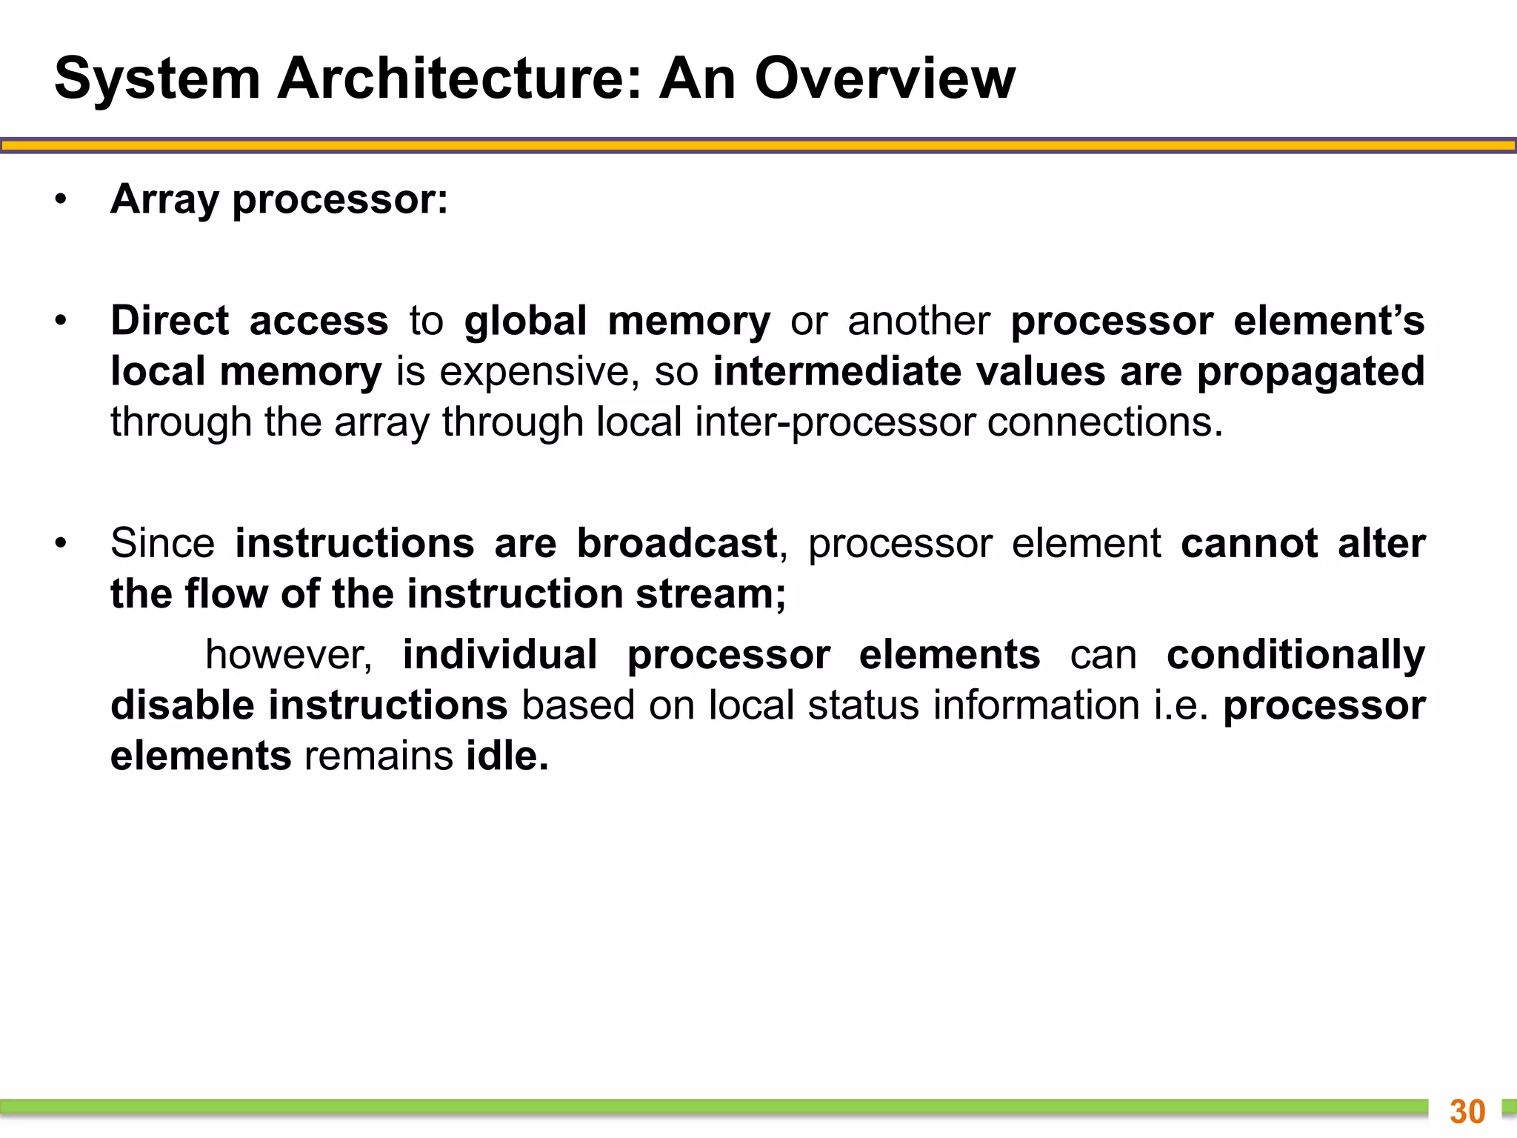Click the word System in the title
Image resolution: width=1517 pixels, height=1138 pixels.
tap(157, 79)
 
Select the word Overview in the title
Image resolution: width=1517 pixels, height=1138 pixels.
tap(884, 79)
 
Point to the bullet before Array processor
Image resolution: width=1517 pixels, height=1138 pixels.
tap(61, 200)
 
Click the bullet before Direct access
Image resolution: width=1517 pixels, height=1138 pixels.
tap(61, 322)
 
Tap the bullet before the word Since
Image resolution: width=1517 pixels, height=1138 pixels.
tap(61, 544)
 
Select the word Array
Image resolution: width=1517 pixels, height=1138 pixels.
tap(165, 200)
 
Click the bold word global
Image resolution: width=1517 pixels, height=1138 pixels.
tap(525, 322)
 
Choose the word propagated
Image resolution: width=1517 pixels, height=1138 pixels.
tap(1311, 372)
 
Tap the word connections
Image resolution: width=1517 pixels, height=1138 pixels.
tap(1104, 422)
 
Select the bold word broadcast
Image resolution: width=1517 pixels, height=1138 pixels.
tap(677, 544)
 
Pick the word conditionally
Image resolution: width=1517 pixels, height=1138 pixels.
tap(1296, 655)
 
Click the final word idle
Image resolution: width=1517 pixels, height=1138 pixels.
tap(507, 756)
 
